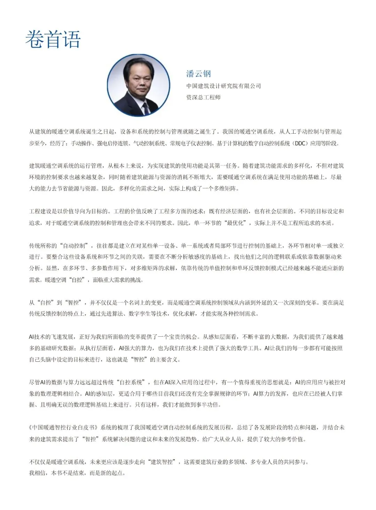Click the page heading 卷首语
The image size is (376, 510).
(x=53, y=39)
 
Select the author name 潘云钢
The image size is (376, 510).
(x=198, y=74)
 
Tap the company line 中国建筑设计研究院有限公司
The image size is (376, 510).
(x=224, y=86)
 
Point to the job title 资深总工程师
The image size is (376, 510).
(x=203, y=97)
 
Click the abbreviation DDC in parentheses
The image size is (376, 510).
(x=300, y=143)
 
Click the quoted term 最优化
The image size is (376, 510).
(x=235, y=223)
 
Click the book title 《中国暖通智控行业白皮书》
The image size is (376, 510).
(x=64, y=427)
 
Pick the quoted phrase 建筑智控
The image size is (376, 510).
(x=162, y=462)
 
